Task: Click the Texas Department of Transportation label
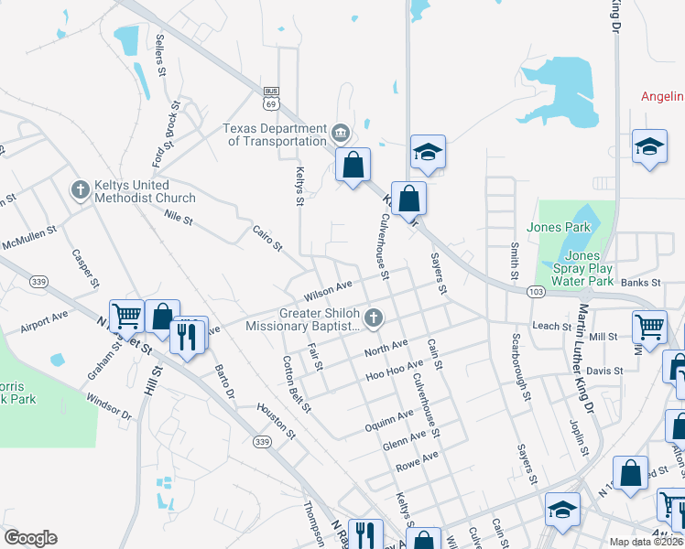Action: point(275,135)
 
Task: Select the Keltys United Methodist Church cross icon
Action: point(80,190)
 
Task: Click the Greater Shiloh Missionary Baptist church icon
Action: point(372,318)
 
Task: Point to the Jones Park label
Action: point(559,227)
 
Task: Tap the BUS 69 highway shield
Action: point(271,98)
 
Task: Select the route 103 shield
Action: point(537,291)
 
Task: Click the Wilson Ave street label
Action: point(328,291)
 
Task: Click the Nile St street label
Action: point(179,219)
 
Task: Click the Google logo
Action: point(30,538)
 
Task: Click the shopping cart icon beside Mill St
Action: point(649,325)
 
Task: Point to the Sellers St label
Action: point(160,54)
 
